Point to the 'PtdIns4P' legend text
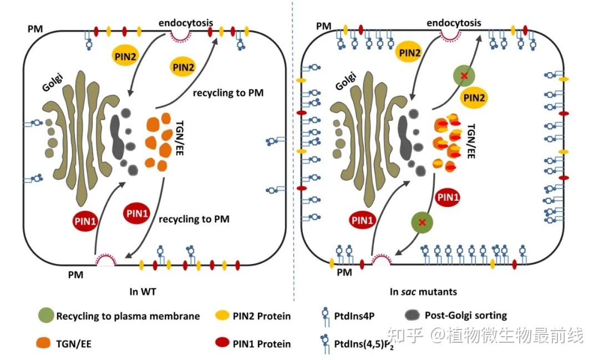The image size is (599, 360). (354, 317)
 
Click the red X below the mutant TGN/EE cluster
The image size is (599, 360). (423, 222)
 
